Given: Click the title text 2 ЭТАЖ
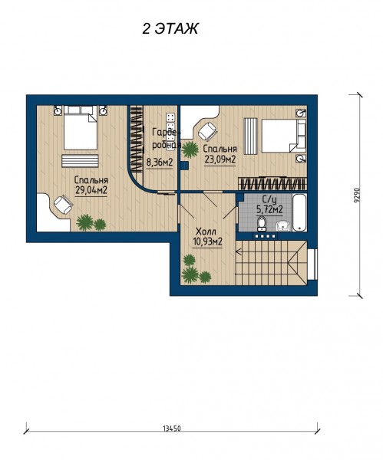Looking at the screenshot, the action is (170, 28).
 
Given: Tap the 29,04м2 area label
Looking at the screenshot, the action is (91, 190).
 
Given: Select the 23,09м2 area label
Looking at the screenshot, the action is (220, 159).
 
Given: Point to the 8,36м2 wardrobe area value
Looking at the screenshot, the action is (159, 163).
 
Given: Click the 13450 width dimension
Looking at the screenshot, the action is (172, 429).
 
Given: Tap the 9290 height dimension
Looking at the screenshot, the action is (357, 195).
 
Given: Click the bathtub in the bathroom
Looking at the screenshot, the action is (299, 212).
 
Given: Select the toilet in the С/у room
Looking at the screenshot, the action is (261, 224).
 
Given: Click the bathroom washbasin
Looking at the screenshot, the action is (283, 226).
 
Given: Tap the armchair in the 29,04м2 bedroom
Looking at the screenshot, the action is (63, 205).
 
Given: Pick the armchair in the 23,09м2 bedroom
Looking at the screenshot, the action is (208, 132).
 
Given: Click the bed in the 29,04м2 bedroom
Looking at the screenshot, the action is (81, 128).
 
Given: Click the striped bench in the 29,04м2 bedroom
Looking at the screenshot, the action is (80, 161).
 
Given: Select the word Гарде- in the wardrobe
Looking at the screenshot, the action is (165, 133).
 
